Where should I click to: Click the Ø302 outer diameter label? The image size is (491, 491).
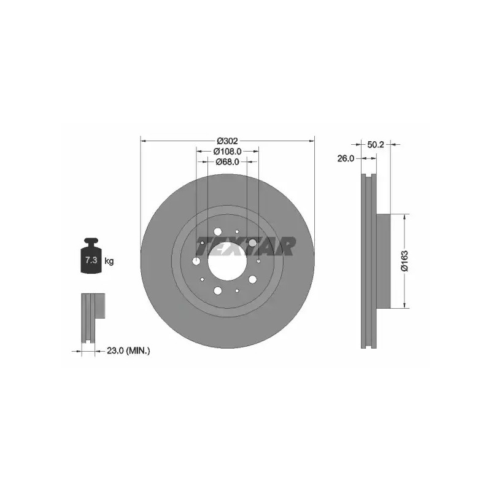coord(227,141)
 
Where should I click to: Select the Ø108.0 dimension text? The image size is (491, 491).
coord(227,152)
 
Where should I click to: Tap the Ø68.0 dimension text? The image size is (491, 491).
coord(227,162)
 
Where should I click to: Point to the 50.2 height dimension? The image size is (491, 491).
coord(376,145)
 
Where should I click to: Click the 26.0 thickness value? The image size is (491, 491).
coord(346,159)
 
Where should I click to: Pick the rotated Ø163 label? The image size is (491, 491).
coord(405,261)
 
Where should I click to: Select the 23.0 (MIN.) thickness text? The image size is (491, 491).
coord(128,351)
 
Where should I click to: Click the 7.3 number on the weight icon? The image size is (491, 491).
coord(91,260)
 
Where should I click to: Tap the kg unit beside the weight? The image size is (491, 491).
coord(109,261)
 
